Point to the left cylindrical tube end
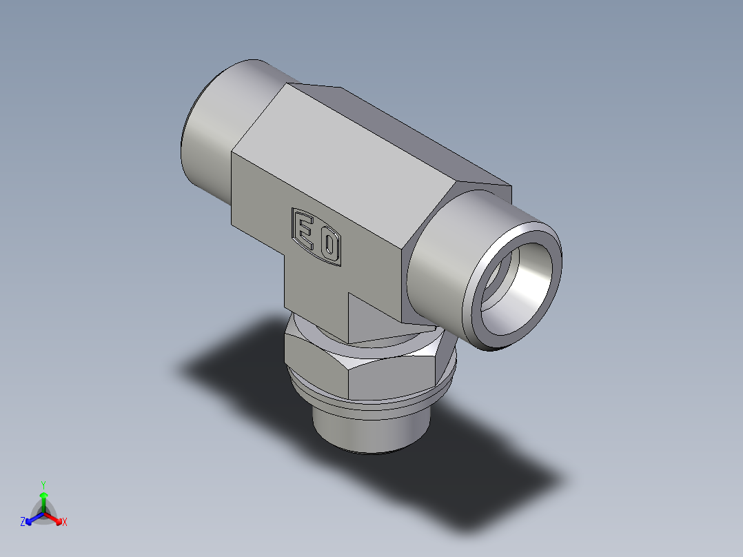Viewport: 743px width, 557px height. pyautogui.click(x=207, y=145)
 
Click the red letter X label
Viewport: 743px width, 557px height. pyautogui.click(x=65, y=523)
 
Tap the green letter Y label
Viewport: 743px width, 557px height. pyautogui.click(x=43, y=485)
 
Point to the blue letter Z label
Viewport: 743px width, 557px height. pyautogui.click(x=23, y=523)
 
